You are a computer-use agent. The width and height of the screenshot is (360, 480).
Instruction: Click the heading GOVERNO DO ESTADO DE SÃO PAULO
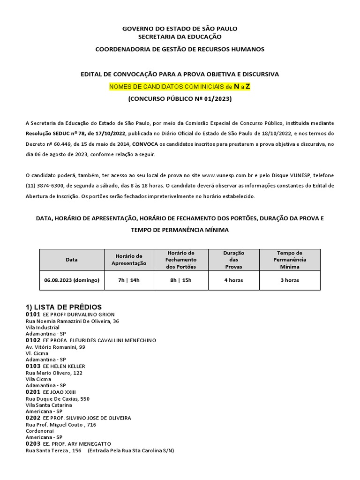click(180, 29)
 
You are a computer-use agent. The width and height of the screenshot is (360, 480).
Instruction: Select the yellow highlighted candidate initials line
click(180, 87)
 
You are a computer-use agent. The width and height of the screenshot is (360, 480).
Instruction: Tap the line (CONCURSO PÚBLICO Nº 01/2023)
click(180, 99)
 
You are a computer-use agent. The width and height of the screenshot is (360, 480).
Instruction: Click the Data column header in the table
click(72, 259)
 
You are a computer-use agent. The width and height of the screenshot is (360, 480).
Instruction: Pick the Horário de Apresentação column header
click(129, 259)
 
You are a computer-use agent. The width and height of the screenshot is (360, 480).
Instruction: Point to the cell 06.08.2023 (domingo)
click(72, 280)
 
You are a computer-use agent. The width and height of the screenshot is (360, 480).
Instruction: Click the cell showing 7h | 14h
click(129, 280)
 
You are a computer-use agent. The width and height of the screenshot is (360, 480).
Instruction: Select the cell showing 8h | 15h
click(181, 280)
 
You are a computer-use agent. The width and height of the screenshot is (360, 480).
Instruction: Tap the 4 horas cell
click(233, 280)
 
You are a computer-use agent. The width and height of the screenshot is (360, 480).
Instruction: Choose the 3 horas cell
click(290, 280)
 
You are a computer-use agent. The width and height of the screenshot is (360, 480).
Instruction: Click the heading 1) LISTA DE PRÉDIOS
click(63, 307)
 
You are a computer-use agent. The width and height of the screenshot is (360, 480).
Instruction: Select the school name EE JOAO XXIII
click(59, 392)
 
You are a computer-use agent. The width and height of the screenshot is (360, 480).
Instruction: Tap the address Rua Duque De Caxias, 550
click(57, 399)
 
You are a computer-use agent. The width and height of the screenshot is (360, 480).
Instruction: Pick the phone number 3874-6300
click(48, 185)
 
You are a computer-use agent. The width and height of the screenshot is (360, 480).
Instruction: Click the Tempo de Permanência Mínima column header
click(290, 259)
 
